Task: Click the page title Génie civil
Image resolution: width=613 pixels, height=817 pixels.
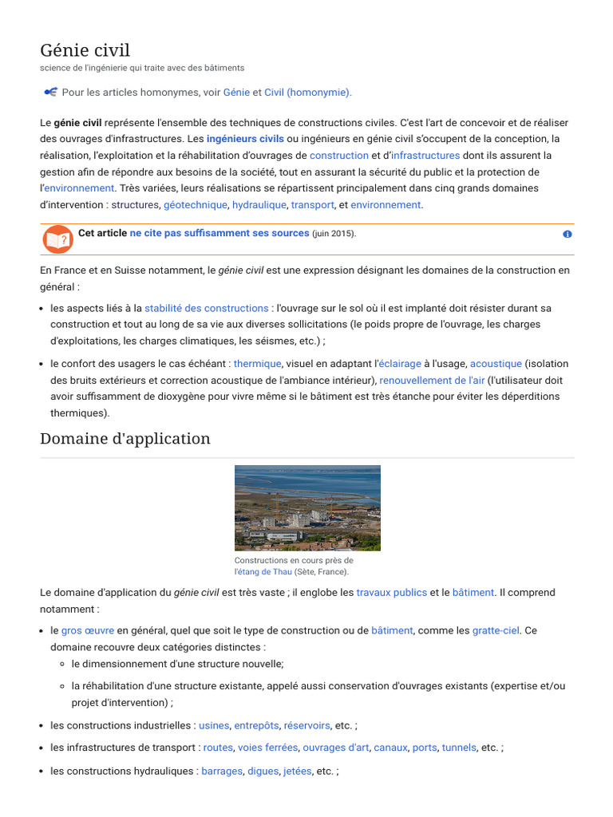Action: coord(85,50)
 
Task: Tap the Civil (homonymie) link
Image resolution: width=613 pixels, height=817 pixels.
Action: coord(307,93)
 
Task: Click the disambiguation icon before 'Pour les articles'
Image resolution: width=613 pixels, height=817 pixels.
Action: coord(50,93)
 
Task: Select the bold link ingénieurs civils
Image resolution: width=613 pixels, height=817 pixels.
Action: coord(245,139)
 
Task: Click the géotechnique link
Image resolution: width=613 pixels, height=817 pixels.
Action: coord(196,205)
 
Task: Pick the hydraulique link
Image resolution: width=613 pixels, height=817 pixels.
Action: coord(259,205)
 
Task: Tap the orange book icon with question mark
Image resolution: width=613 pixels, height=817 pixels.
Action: coord(57,239)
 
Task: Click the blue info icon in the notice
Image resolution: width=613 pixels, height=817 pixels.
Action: coord(567,235)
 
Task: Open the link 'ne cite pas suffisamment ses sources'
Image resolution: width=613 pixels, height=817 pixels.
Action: coord(219,233)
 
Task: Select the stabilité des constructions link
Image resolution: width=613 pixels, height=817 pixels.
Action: coord(206,308)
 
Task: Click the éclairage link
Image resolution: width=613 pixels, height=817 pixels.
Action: coord(399,364)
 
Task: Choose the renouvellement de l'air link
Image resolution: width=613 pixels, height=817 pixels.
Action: coord(431,381)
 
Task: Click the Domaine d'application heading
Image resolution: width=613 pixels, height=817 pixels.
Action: coord(125,439)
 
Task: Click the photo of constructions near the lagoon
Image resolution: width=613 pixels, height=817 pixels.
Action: coord(307,508)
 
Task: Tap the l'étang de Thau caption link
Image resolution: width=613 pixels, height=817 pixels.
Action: coord(263,572)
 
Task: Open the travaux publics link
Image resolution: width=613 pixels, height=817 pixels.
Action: coord(391,593)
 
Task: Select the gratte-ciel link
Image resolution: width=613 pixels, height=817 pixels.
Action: coord(496,630)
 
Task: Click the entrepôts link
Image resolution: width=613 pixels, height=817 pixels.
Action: coord(256,726)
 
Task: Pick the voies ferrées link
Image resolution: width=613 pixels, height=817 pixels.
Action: coord(267,748)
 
